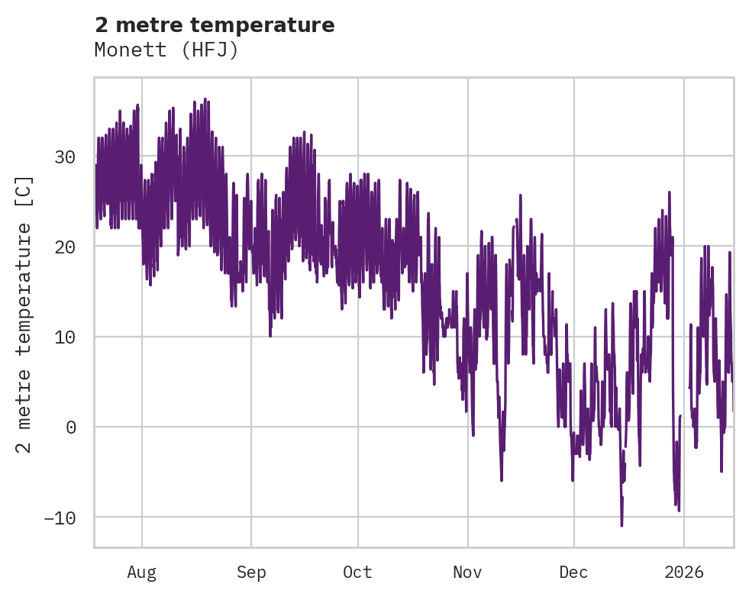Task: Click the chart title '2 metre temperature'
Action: pyautogui.click(x=215, y=25)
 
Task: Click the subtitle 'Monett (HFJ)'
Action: pyautogui.click(x=166, y=50)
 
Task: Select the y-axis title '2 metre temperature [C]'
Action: pyautogui.click(x=24, y=314)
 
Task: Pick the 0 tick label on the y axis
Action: pyautogui.click(x=71, y=427)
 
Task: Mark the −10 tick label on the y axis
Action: pyautogui.click(x=60, y=517)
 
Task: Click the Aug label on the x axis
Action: pyautogui.click(x=141, y=572)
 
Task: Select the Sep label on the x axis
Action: pyautogui.click(x=250, y=572)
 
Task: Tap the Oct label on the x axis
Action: pyautogui.click(x=357, y=572)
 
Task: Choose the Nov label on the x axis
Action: pyautogui.click(x=467, y=572)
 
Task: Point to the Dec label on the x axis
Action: pyautogui.click(x=573, y=572)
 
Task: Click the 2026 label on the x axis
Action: pyautogui.click(x=684, y=572)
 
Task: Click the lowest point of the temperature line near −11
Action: pyautogui.click(x=621, y=525)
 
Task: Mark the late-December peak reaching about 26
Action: pyautogui.click(x=669, y=192)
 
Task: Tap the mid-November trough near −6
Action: pyautogui.click(x=502, y=480)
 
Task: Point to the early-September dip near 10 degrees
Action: pyautogui.click(x=270, y=335)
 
